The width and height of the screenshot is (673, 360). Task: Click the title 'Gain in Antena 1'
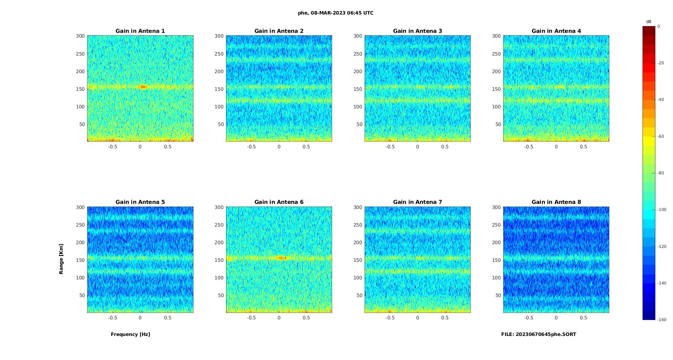pos(140,31)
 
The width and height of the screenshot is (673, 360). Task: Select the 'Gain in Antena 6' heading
pos(279,202)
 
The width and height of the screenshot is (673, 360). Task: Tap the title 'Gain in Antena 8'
pos(556,202)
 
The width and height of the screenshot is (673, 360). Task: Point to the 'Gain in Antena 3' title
pos(417,31)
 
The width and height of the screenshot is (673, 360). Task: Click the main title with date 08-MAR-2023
pos(335,13)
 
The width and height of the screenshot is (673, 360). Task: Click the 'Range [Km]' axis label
pos(61,259)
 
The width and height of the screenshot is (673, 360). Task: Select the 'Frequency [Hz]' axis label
pos(130,334)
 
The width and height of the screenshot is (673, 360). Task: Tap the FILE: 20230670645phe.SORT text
pos(538,334)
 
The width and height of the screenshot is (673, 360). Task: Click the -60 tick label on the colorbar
pos(661,136)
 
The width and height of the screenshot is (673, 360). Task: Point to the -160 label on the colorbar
pos(662,320)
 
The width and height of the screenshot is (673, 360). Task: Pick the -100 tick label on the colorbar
pos(662,210)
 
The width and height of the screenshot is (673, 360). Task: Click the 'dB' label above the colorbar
pos(649,22)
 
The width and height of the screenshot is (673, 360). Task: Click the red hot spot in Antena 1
pos(143,87)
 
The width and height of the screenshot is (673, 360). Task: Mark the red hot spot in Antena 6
pos(281,258)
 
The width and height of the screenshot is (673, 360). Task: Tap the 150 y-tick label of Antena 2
pos(219,89)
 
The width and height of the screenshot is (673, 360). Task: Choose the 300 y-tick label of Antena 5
pos(80,207)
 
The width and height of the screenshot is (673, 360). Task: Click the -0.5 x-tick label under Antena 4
pos(529,147)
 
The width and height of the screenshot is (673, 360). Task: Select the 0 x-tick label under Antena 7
pos(417,318)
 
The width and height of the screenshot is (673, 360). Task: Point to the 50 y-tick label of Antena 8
pos(498,295)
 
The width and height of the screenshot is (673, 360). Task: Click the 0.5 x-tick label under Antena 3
pos(445,147)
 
